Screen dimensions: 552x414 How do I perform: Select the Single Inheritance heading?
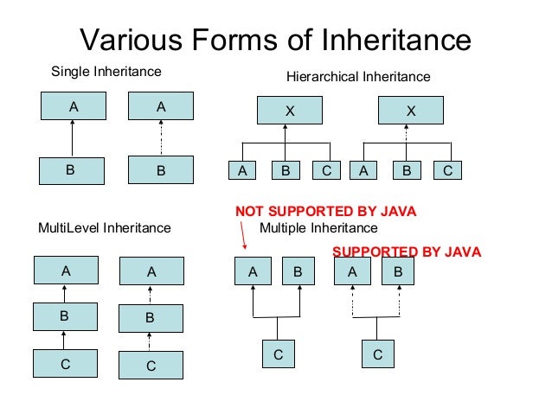[106, 70]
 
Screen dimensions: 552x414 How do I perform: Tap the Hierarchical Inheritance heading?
[357, 77]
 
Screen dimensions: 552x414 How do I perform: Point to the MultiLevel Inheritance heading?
[105, 229]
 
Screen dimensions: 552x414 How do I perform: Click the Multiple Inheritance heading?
[318, 228]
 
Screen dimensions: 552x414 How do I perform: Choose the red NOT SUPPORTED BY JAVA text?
[326, 211]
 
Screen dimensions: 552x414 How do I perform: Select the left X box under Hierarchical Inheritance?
[289, 111]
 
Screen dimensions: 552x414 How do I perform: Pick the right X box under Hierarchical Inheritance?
[411, 111]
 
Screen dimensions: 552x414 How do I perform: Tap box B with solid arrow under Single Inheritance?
[71, 170]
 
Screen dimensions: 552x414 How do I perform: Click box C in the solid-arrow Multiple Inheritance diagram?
[278, 354]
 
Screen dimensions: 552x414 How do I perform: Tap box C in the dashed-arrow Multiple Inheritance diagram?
[377, 354]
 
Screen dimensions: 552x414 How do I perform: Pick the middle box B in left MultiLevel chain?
[64, 316]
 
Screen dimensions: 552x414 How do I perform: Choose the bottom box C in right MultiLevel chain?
[151, 366]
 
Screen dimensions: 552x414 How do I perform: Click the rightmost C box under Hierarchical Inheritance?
[447, 171]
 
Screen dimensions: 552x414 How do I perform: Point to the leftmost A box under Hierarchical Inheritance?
[242, 171]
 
